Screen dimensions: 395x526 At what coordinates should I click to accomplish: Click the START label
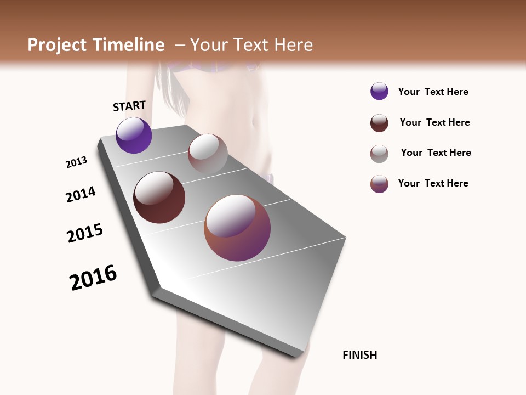coord(129,106)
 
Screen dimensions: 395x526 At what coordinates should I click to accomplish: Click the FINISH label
coord(359,355)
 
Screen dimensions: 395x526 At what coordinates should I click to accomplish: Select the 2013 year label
coord(77,162)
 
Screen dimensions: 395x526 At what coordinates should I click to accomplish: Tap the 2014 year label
coord(81,194)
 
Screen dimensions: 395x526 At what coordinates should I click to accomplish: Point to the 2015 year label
coord(85,233)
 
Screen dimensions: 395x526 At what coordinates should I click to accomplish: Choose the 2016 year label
coord(93,278)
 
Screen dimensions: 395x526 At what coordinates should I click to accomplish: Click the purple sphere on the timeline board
coord(134,135)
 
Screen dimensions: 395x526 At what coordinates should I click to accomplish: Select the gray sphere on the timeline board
coord(208,154)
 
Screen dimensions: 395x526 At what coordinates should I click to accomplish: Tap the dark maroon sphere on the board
coord(159,198)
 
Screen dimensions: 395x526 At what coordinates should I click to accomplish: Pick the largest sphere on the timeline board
coord(237,228)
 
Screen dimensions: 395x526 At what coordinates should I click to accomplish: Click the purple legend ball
coord(379,91)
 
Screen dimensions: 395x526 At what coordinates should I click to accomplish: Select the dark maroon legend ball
coord(379,123)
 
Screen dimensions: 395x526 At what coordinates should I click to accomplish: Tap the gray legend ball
coord(379,154)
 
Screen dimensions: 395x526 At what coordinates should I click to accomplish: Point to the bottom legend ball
coord(379,184)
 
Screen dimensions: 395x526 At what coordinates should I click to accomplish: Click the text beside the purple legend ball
coord(433,92)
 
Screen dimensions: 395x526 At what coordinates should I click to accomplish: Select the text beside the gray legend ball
coord(436,153)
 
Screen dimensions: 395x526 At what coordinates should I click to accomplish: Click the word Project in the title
coord(57,45)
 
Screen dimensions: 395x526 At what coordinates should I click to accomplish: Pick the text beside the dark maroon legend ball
coord(434,122)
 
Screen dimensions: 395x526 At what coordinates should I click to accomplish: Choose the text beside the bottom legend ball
coord(433,183)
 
